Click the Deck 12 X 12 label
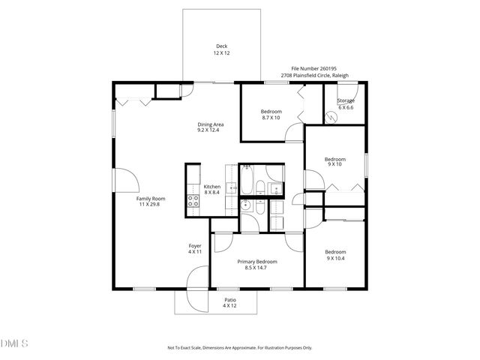coord(222,49)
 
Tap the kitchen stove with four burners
coord(191,201)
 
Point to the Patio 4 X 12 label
coord(229,302)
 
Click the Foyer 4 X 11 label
coord(195,248)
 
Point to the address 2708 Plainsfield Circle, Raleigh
coord(321,75)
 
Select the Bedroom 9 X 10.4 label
coord(334,254)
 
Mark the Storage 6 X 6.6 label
coord(346,103)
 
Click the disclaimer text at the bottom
coord(239,348)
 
